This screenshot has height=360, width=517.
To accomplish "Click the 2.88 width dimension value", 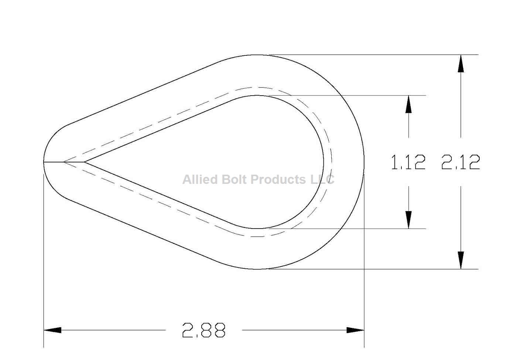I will pos(203,330).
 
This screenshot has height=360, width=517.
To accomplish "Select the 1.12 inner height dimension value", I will pos(408,162).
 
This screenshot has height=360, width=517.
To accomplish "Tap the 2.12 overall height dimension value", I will pos(460,162).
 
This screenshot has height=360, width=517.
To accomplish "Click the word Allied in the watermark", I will pos(200,179).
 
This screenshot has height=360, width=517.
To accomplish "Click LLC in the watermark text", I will pos(322,179).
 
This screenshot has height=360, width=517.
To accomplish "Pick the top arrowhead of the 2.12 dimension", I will pos(460,64).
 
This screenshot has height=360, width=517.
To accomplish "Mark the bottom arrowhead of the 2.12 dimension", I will pos(460,260).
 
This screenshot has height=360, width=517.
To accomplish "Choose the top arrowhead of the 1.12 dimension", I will pos(408,104).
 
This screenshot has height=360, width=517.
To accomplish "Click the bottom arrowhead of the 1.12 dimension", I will pos(408,220).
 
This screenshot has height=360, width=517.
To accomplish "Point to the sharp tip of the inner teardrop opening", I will pos(85,162).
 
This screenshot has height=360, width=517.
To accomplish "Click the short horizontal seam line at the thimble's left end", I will pos(54,162).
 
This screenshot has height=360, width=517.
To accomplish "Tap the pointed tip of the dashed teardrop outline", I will pos(64,162).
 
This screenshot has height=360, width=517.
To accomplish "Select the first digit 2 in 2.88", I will pos(188,330).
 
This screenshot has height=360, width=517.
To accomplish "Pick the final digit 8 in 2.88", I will pos(219,330).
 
